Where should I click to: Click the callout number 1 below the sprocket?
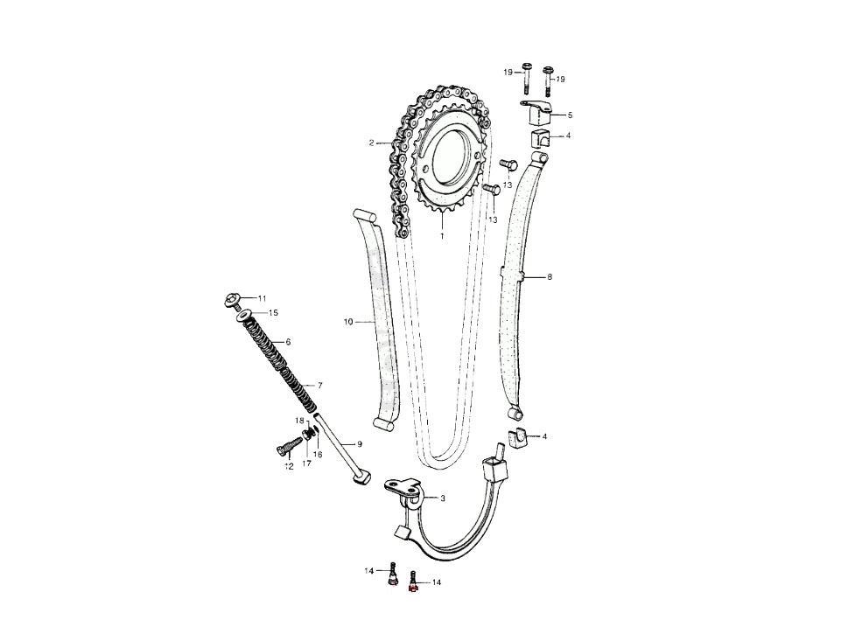442,236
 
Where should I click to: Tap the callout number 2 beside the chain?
371,143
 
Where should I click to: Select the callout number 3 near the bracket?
443,498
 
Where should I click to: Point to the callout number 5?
570,115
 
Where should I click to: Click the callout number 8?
550,277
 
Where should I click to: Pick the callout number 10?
348,322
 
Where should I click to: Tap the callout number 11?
262,298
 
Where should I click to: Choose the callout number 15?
273,313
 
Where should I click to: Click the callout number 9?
360,443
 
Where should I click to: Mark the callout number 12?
289,466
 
